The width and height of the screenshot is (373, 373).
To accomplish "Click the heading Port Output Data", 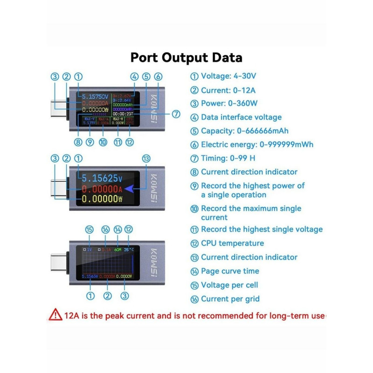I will point(186,58).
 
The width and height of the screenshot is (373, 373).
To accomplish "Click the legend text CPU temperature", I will point(232,243).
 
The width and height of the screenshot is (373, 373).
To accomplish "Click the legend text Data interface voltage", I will point(241,117).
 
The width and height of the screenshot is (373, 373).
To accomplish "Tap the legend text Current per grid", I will point(230,299).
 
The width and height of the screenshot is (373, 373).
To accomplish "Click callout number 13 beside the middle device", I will point(146,159).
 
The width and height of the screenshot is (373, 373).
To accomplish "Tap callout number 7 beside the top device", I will point(176,114).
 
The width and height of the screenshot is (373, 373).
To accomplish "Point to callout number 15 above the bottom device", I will point(90,229).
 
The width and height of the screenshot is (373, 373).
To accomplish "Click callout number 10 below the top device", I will point(103,142).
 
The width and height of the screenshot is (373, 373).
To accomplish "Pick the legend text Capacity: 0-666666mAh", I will point(238,131).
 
